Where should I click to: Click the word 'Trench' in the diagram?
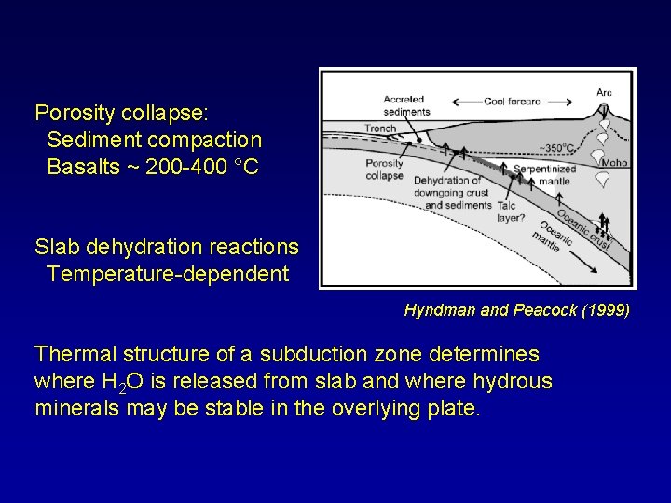[380, 128]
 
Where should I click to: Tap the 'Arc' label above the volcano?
[604, 92]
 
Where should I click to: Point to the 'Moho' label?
[615, 163]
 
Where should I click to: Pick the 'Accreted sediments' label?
[405, 105]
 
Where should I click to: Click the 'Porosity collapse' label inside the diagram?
[384, 169]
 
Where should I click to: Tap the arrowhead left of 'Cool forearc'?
[454, 102]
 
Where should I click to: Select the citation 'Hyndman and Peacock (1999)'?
[516, 309]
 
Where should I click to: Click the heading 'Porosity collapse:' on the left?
[122, 114]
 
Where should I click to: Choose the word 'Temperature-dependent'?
[167, 274]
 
